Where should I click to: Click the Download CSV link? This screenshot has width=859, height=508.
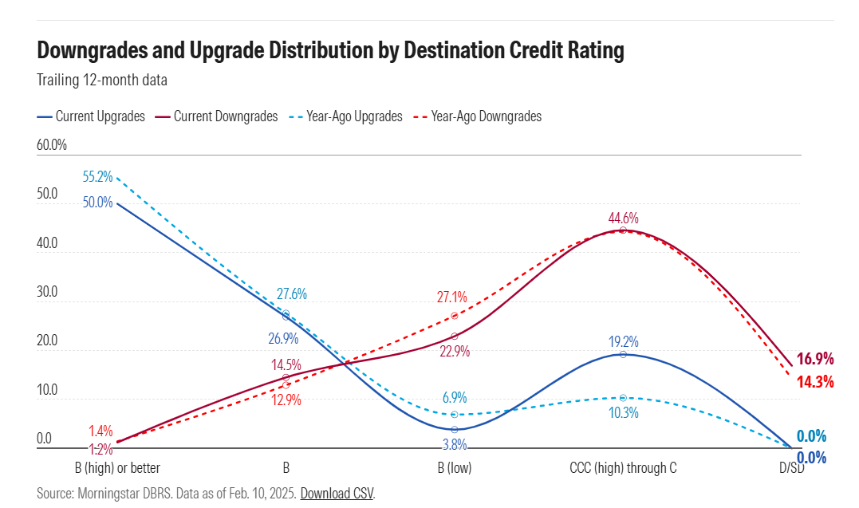(336, 493)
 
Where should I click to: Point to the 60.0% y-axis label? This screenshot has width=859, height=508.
(52, 145)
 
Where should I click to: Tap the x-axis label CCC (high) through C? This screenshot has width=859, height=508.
(623, 467)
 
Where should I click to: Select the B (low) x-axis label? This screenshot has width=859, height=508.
(454, 467)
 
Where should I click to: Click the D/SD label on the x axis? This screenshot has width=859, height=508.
(791, 467)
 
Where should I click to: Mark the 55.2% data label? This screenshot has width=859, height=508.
(97, 177)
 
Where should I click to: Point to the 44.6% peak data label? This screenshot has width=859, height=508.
(623, 218)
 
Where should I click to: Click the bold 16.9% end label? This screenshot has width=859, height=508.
(815, 359)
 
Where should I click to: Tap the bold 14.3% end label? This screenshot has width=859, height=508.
(815, 382)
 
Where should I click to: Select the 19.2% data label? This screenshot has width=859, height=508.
(623, 341)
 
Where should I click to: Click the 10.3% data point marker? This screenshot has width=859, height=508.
(623, 397)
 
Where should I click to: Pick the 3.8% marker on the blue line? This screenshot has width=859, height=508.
(455, 429)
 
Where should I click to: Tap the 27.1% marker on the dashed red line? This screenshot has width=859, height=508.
(455, 316)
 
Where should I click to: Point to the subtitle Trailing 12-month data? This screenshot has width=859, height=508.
(101, 80)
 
